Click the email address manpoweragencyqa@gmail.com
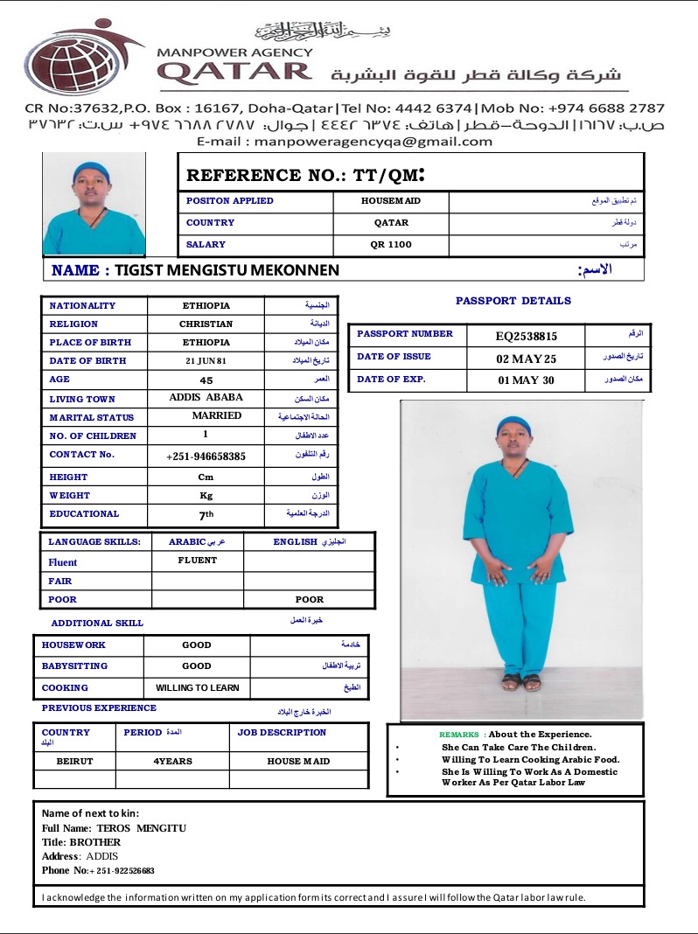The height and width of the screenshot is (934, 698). point(344,141)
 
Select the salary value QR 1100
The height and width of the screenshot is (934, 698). point(390,245)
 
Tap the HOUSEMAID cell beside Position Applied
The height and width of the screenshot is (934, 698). point(390,201)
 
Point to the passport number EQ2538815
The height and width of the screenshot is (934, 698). point(526,336)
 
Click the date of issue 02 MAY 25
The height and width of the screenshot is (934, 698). point(526,359)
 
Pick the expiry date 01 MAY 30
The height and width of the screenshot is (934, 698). point(526,380)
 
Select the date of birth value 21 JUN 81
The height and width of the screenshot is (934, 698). point(206,361)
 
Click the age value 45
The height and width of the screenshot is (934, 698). point(206,380)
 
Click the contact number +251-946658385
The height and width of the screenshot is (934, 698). point(206,457)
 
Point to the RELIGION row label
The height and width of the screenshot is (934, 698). point(73,324)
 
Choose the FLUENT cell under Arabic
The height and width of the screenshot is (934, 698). point(197,561)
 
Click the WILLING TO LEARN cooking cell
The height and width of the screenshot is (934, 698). point(197,688)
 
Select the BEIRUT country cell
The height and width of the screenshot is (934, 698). point(74,762)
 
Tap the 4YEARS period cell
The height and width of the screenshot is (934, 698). point(172,762)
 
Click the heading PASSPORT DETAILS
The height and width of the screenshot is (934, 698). point(513,301)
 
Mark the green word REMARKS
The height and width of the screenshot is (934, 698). point(458,735)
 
